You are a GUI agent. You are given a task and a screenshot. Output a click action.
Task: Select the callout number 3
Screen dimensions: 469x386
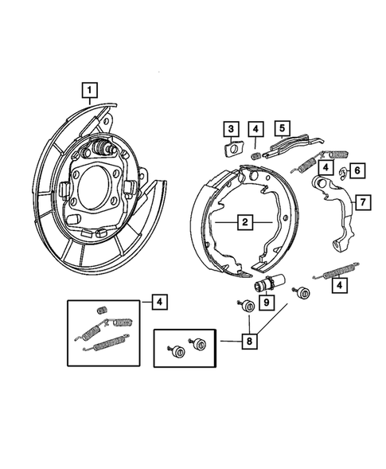point(229,129)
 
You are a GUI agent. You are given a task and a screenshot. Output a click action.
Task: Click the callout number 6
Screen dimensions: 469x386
point(357,170)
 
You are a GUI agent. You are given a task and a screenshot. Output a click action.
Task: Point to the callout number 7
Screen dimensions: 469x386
point(361,203)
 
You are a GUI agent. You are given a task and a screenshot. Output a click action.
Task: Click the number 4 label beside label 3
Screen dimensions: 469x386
point(256,129)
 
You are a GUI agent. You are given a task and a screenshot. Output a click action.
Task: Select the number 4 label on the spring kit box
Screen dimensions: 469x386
point(160,301)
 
